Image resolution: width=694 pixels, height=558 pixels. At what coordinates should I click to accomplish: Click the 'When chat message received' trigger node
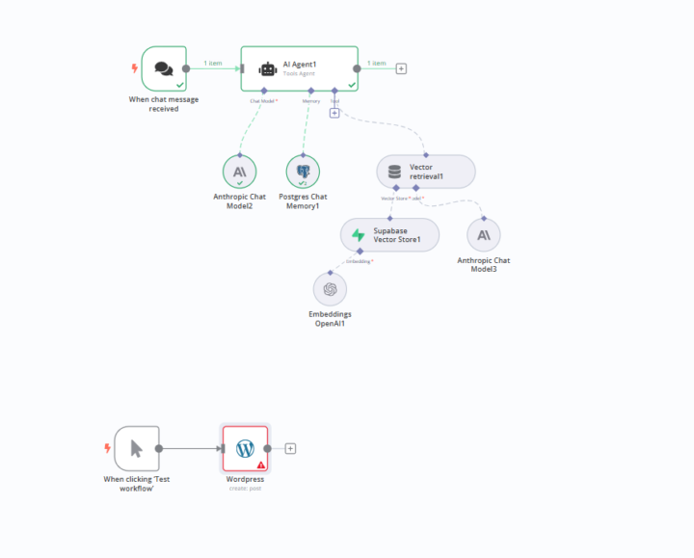point(163,68)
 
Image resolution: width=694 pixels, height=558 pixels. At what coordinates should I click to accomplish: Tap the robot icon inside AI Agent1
point(267,68)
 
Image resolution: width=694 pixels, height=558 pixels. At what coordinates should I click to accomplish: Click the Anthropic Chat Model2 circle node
point(239,172)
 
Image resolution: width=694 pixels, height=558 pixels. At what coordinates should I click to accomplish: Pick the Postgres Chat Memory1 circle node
point(303,172)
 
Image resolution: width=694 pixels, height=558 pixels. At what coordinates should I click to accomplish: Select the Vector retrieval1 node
point(425,172)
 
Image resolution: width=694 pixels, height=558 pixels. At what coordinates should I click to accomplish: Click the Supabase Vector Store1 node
point(389,235)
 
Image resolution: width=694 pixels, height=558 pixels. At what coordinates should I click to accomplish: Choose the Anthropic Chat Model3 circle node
point(483,235)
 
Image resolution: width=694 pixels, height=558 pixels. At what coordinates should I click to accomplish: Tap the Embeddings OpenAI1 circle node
point(330,289)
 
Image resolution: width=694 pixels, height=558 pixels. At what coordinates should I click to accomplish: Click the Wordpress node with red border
point(245,448)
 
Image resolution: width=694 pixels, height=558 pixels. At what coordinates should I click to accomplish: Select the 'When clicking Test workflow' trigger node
point(136,448)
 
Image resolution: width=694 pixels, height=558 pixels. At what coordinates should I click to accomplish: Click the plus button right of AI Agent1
point(401,68)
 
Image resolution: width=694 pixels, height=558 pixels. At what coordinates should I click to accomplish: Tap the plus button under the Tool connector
point(334,114)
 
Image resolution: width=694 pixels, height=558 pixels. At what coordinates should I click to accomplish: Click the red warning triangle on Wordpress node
point(260,465)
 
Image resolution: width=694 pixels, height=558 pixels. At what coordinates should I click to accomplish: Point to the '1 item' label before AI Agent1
point(213,64)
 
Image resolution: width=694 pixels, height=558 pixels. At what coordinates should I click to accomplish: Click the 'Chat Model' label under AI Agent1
point(263,100)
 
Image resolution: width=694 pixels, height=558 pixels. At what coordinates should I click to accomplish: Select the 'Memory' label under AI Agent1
point(311,100)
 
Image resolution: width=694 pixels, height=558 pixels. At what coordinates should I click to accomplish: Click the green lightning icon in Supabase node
point(359,235)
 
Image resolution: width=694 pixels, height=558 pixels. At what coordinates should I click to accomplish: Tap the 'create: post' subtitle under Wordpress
point(245,488)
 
